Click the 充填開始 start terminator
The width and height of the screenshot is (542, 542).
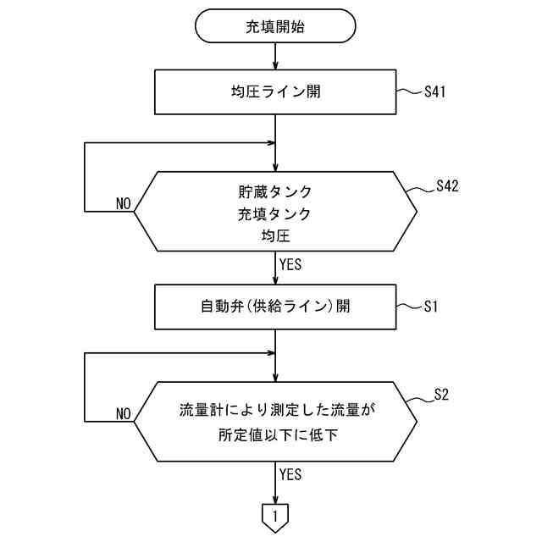[276, 26]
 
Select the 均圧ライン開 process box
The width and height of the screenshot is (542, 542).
[276, 91]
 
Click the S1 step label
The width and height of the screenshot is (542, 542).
[431, 306]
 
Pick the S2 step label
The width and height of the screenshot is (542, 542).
[441, 394]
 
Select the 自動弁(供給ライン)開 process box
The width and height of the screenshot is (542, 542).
[276, 306]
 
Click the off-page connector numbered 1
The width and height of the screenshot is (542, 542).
[276, 515]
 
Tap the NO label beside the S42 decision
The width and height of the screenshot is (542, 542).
[124, 204]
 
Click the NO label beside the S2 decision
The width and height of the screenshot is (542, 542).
[124, 414]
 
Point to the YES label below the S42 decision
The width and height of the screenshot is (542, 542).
[290, 264]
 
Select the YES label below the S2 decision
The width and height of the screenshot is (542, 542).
[290, 474]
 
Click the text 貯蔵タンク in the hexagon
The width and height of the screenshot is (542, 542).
[276, 191]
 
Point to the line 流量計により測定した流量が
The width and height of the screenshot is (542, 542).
[276, 411]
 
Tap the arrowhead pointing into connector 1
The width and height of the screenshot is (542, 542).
[276, 498]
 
